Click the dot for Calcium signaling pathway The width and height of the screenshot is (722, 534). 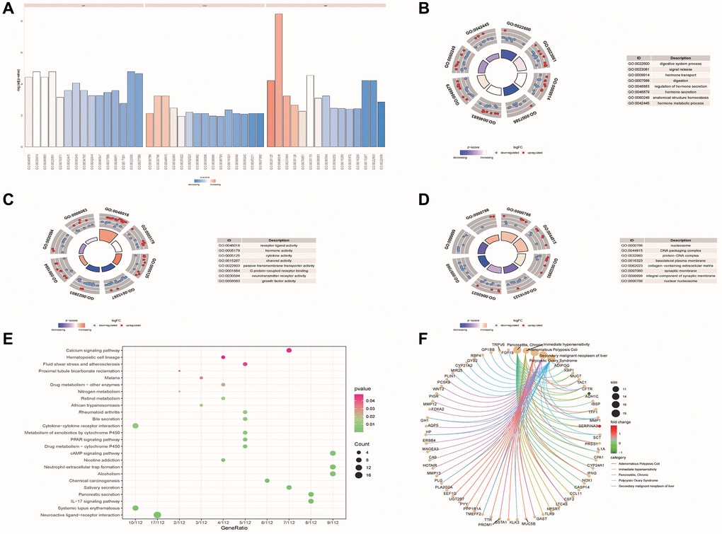point(289,351)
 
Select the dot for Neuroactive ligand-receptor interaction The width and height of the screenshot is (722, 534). point(157,514)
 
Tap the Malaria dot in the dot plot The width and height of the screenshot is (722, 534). point(202,378)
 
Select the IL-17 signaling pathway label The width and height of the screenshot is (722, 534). point(84,501)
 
